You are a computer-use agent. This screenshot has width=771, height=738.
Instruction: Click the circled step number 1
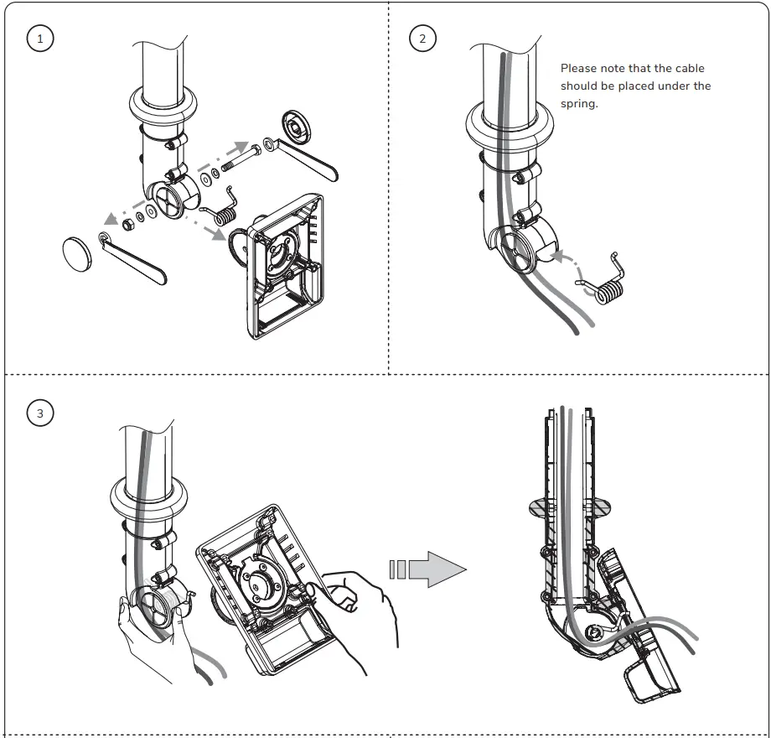[39, 39]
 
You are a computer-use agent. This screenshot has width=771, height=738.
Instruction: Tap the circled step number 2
[422, 39]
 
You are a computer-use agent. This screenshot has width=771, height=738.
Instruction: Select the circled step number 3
[39, 413]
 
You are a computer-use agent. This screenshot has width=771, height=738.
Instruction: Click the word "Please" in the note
[579, 69]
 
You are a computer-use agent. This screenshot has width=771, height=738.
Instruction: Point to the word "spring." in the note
[579, 104]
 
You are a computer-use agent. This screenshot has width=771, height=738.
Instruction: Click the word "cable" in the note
[690, 69]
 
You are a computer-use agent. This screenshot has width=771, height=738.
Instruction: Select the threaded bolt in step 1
[243, 158]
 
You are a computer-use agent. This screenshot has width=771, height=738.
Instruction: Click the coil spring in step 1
[225, 210]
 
